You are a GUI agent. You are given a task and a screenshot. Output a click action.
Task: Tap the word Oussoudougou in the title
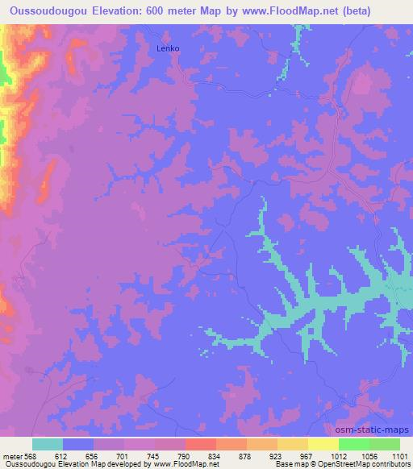click(x=46, y=9)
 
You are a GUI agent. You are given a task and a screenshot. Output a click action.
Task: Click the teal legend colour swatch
click(x=48, y=444)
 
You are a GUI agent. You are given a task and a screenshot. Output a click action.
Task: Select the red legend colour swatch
click(x=200, y=444)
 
